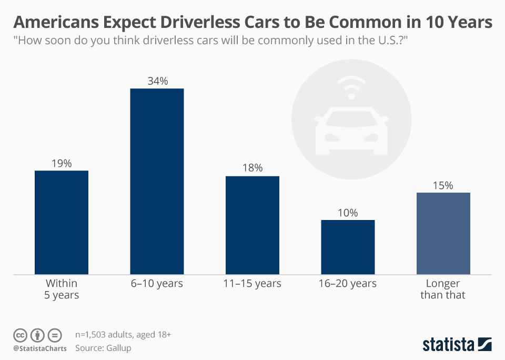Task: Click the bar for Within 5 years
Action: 62,222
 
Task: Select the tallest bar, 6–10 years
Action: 157,181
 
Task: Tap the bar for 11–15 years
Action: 252,225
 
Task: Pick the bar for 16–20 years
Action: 348,247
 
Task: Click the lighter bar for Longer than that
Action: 443,233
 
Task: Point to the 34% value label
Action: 157,81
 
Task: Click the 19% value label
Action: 62,163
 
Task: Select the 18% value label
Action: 252,168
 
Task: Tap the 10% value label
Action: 348,213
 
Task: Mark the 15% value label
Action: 443,185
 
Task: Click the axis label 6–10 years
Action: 157,284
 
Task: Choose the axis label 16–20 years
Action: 348,284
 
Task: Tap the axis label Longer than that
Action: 443,289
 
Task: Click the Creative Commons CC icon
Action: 20,335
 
